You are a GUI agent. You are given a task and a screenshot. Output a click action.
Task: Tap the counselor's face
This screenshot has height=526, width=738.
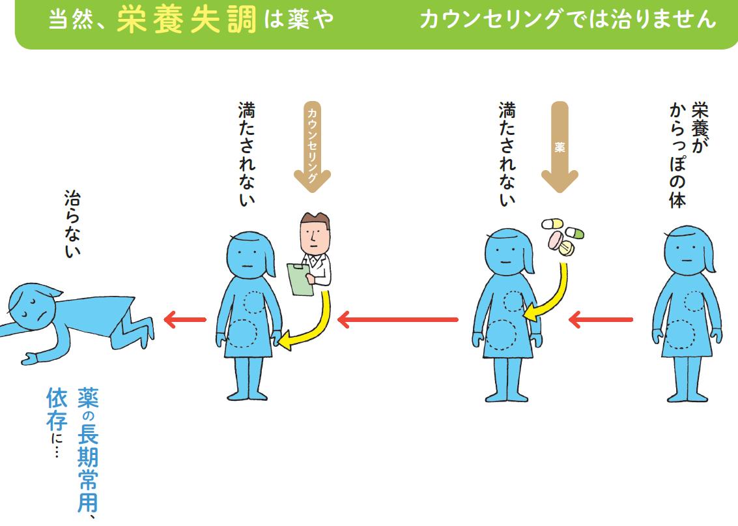(x=315, y=234)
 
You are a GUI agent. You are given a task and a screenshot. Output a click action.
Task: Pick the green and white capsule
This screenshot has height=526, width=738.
(x=575, y=233)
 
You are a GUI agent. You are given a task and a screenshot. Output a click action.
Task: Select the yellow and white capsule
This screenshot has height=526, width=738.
(x=552, y=224)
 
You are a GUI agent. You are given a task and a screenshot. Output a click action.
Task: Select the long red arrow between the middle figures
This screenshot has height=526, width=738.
(x=397, y=319)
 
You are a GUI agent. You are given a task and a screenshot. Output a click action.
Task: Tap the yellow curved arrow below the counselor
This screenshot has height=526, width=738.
(x=313, y=326)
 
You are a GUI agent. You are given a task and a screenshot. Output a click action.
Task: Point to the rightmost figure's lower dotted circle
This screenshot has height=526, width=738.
(x=680, y=334)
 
